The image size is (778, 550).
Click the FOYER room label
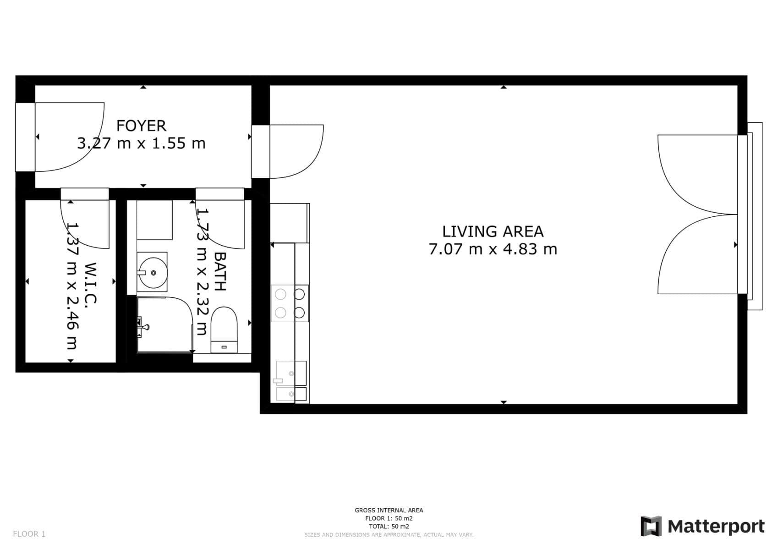(x=141, y=126)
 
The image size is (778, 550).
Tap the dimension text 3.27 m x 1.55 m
(x=141, y=143)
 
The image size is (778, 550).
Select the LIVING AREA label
(x=493, y=231)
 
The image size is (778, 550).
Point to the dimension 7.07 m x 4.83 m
(x=493, y=249)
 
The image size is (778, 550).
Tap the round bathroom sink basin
(x=153, y=272)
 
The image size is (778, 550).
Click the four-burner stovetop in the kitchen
(x=290, y=303)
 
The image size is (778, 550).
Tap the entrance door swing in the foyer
(x=69, y=137)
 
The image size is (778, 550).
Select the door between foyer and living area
(x=296, y=151)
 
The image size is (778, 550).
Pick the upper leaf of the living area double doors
(x=696, y=174)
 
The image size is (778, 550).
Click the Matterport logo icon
(x=651, y=526)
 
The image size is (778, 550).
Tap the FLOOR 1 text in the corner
(x=29, y=534)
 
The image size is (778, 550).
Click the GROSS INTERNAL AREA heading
(x=389, y=510)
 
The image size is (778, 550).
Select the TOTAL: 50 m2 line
(x=389, y=527)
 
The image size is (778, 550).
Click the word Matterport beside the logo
(x=716, y=526)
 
